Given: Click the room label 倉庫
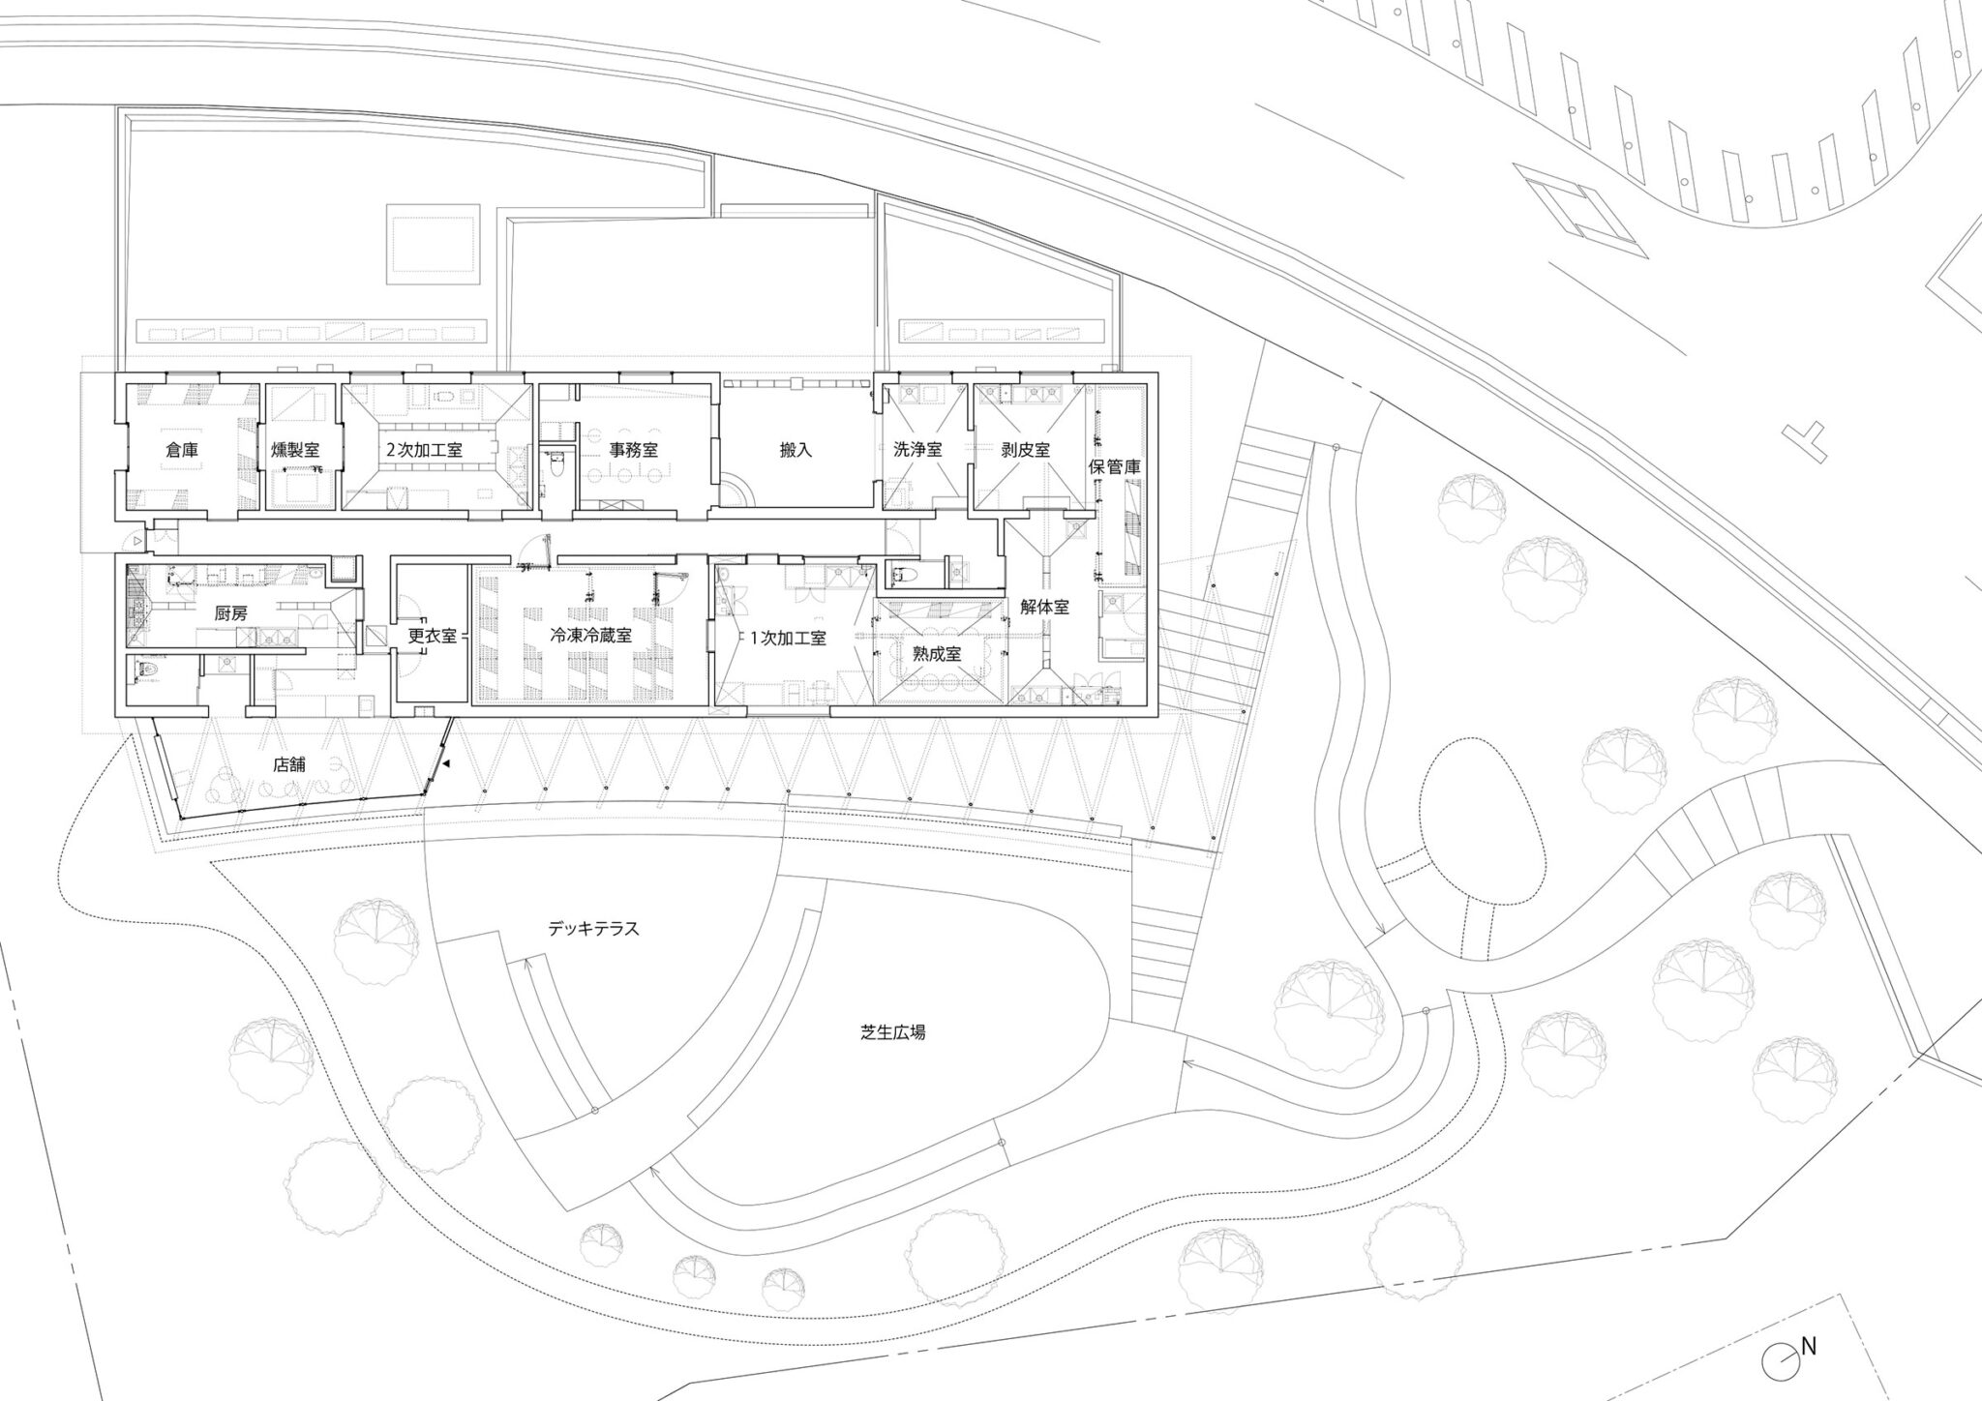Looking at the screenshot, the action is coord(183,450).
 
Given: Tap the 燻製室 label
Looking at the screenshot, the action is coord(296,450).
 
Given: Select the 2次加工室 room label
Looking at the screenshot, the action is coord(424,450).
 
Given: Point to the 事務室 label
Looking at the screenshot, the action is coord(634,450).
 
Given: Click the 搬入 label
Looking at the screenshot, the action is coord(796,450).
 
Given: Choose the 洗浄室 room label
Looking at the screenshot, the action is coord(917,450).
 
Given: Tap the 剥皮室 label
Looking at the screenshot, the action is coord(1026,450).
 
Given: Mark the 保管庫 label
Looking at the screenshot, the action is coord(1115,466).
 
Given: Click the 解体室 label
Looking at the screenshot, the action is coord(1044,608).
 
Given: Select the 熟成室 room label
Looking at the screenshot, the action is coord(936,654).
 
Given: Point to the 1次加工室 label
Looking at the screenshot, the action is coord(788,639).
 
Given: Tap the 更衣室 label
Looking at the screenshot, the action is coord(432,636).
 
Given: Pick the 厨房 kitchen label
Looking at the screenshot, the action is coord(230,612).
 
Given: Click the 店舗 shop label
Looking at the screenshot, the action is coord(289,763).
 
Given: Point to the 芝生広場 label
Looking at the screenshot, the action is coord(892,1032).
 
